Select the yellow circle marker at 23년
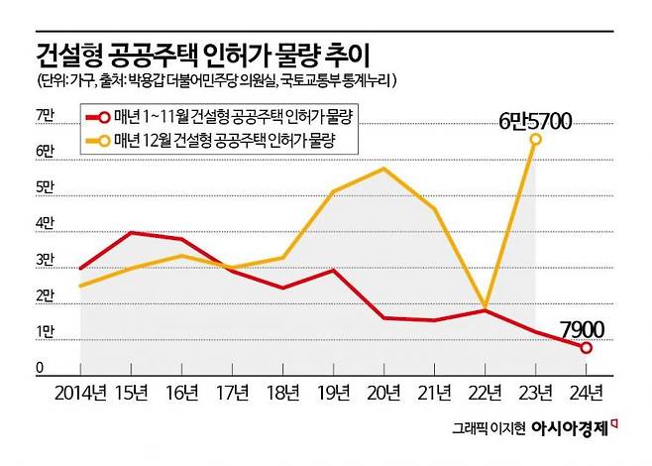[x=535, y=140]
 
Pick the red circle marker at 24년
[x=587, y=347]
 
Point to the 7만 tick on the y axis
[x=45, y=116]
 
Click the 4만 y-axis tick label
[x=45, y=224]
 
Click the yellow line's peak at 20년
[x=382, y=169]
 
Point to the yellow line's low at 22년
[x=484, y=306]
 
